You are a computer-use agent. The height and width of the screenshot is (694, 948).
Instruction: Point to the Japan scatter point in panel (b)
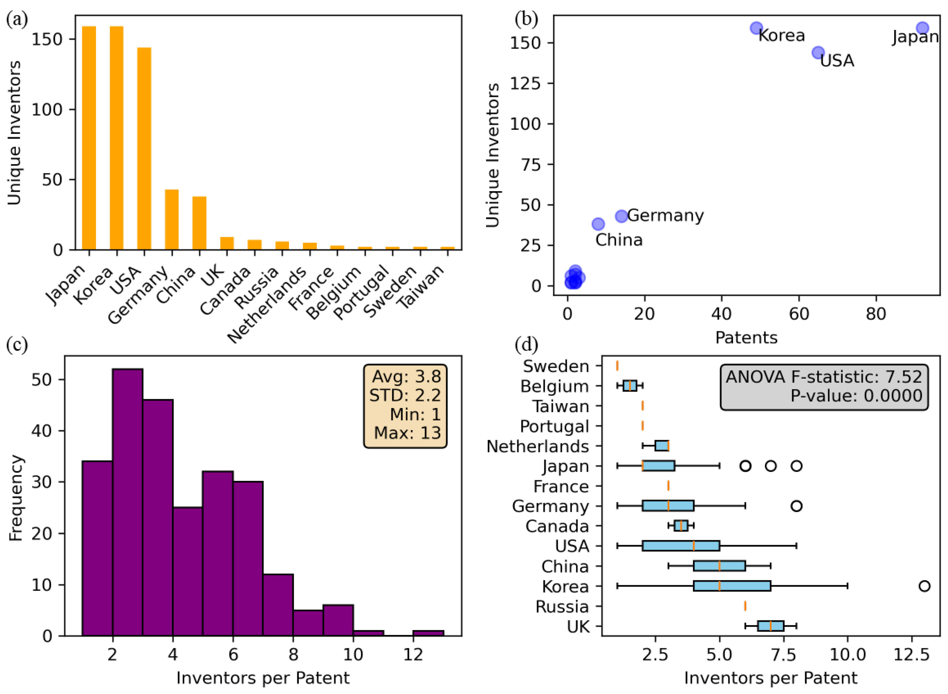point(922,28)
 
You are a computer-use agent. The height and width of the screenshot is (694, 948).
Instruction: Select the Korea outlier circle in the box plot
point(924,586)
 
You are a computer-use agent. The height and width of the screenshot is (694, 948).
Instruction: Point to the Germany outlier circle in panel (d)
point(796,506)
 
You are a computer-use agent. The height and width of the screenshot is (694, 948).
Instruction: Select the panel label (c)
point(17,345)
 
